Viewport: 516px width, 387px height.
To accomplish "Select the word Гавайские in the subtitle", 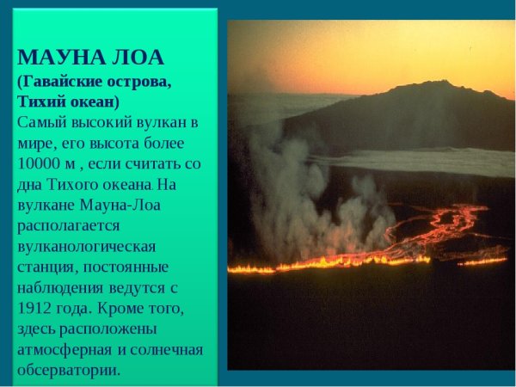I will pyautogui.click(x=68, y=81).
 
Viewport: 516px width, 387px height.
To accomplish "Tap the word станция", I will pyautogui.click(x=46, y=267).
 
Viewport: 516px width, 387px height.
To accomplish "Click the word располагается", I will pyautogui.click(x=69, y=225).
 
